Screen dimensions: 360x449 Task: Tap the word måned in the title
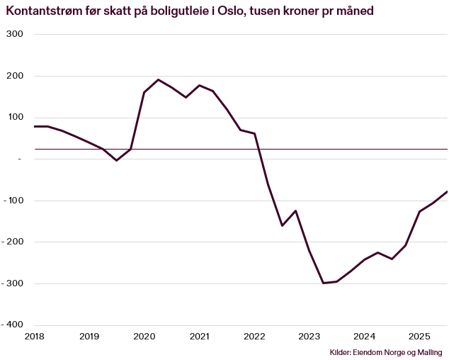[x=355, y=12]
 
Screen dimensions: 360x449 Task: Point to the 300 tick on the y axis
[x=15, y=35]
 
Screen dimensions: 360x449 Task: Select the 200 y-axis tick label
[x=15, y=76]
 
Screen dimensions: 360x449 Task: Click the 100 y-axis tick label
[x=15, y=118]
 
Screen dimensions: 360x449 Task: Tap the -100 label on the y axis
[x=13, y=201]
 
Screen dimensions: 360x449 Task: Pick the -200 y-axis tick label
[x=13, y=242]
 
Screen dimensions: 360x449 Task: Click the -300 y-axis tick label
[x=13, y=283]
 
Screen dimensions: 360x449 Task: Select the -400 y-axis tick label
[x=13, y=325]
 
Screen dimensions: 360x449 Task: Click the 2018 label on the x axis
[x=34, y=336]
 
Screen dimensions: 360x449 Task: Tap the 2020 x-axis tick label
[x=144, y=336]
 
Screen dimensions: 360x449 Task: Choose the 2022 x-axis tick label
[x=254, y=336]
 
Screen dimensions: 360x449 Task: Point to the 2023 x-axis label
[x=309, y=336]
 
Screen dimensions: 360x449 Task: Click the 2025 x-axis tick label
[x=419, y=336]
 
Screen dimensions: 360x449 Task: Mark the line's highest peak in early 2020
[x=158, y=79]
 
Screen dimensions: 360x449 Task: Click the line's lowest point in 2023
[x=323, y=283]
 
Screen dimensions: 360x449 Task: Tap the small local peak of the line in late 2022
[x=295, y=210]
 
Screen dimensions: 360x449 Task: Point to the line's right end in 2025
[x=447, y=191]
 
